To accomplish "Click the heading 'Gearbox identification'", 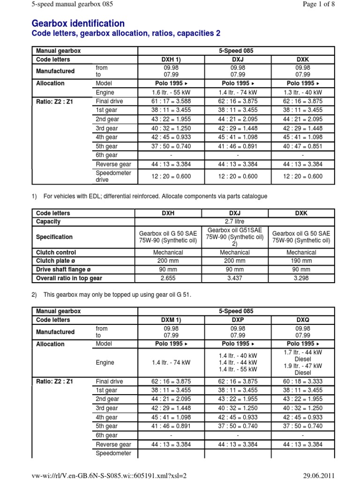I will click(78, 23).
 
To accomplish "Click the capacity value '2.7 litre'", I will click(234, 221).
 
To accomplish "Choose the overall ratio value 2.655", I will click(168, 278).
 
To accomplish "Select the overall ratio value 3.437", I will click(234, 278).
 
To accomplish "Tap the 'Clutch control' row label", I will click(56, 252).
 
